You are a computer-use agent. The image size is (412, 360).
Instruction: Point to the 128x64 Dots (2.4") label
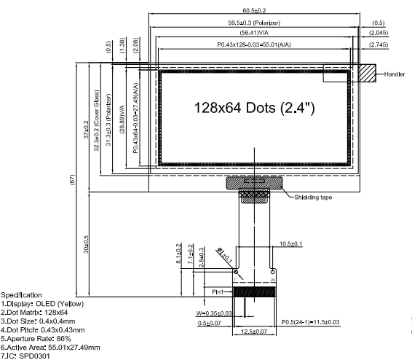pyautogui.click(x=254, y=108)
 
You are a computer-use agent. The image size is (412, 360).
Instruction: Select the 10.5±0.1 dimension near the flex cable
pyautogui.click(x=292, y=244)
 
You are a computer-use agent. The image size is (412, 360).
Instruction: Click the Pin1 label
pyautogui.click(x=221, y=291)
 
